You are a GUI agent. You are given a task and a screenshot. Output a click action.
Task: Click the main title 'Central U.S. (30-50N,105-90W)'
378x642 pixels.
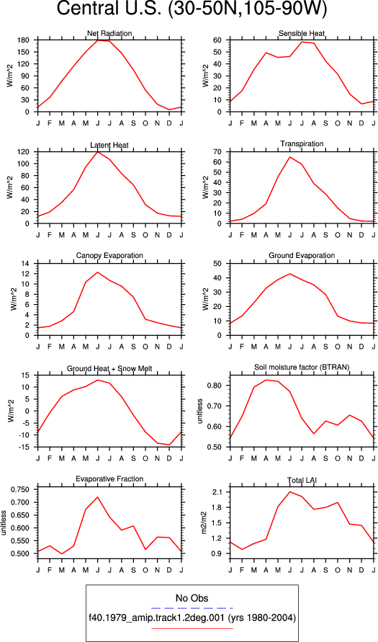click(x=192, y=10)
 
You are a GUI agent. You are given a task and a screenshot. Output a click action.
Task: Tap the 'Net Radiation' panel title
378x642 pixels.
click(x=109, y=33)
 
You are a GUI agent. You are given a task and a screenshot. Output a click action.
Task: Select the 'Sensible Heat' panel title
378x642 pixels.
click(x=302, y=33)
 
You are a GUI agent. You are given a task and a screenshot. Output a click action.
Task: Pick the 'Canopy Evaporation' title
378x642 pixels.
click(x=109, y=256)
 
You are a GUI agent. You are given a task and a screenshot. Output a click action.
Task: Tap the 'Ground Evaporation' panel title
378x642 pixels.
click(x=302, y=256)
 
